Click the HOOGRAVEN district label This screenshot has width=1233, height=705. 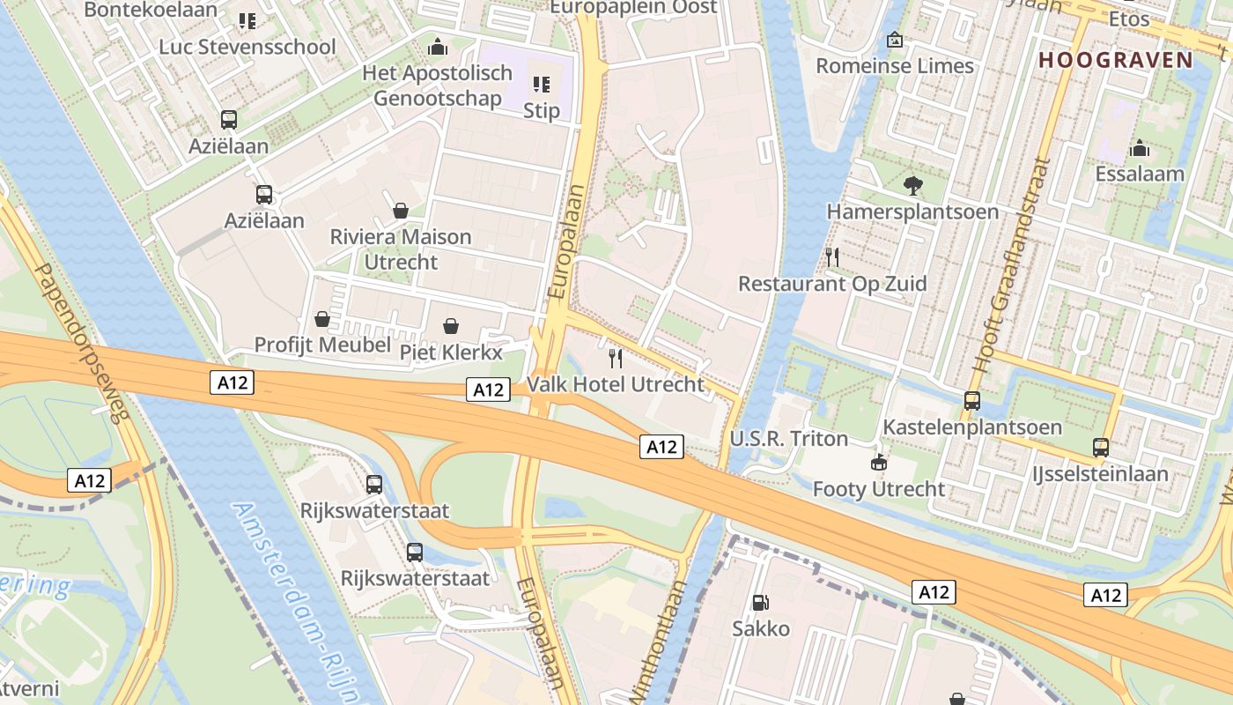[x=1115, y=60]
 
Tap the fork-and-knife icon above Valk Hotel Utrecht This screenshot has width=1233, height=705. [x=616, y=358]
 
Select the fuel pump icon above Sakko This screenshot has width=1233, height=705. [x=760, y=603]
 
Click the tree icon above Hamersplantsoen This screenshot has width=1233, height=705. [x=912, y=185]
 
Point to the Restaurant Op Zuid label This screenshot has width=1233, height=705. [x=831, y=284]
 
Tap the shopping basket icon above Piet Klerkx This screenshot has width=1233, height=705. [x=451, y=326]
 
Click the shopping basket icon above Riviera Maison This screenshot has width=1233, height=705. [x=401, y=210]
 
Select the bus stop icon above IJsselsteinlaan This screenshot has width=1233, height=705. [x=1101, y=447]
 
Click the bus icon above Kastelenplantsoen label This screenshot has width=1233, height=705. [x=972, y=400]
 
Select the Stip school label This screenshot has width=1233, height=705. [x=541, y=110]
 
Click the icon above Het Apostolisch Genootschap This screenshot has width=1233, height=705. [x=438, y=47]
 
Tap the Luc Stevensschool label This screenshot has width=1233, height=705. [x=247, y=47]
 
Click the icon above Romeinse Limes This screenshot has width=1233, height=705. [x=895, y=40]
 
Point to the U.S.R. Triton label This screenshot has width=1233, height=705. [x=788, y=439]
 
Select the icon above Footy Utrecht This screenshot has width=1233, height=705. [x=878, y=462]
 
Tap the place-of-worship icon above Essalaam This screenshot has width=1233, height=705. [x=1140, y=148]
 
